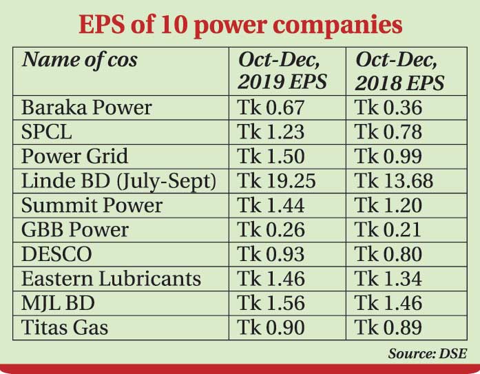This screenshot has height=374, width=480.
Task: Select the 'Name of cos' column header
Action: pos(80,60)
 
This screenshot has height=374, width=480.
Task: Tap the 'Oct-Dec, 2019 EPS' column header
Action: pos(282,71)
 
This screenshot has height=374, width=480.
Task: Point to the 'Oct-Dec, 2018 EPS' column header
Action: pos(399,71)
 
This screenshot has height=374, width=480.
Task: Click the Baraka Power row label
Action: pos(87,107)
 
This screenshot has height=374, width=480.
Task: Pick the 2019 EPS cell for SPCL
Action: pos(271,132)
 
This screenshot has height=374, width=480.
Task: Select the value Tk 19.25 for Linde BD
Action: pos(277,180)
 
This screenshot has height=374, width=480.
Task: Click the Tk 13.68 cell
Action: pos(394,180)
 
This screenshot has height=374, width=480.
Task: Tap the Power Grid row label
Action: pos(74,156)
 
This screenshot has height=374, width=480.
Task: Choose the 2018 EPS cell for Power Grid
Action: pos(388,156)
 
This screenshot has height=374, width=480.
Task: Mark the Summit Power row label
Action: pos(92,205)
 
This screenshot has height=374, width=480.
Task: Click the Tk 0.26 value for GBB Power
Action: pos(271,229)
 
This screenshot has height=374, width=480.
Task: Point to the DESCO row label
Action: pos(56,253)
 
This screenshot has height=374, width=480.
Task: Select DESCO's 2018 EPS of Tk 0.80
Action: pos(388,253)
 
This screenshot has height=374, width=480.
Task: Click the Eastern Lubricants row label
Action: pos(112,278)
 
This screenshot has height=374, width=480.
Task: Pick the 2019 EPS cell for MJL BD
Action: pos(271,302)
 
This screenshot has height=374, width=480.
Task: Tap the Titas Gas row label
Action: pos(65,327)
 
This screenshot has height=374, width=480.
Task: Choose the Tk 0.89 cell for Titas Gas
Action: pos(388,327)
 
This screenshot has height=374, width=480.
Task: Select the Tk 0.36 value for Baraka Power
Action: pos(388,107)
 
